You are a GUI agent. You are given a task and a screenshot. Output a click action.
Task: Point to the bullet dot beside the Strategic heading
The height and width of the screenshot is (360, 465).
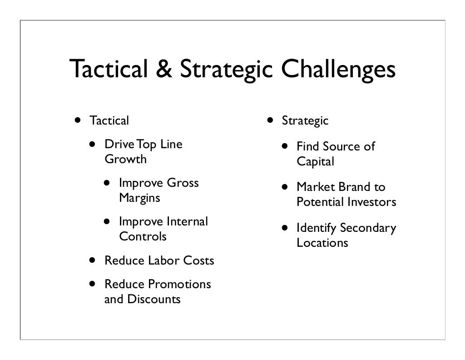[x=270, y=121]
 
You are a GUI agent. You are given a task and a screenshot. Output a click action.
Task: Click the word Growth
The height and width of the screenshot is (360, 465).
[x=126, y=160]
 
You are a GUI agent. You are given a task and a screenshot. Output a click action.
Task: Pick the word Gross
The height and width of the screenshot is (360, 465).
[x=183, y=183]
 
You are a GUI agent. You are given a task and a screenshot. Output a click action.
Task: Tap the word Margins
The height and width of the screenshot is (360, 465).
[x=139, y=198]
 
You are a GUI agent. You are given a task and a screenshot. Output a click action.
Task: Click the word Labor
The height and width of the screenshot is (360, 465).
[x=164, y=261]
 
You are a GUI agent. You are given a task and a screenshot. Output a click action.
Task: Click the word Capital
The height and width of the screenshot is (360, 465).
[x=315, y=162]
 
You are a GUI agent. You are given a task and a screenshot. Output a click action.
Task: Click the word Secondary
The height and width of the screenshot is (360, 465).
[x=368, y=228]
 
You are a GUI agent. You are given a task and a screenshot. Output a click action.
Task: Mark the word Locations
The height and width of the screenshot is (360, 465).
[x=322, y=243]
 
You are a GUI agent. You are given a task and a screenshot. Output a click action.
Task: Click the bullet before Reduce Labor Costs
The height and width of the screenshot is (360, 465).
[x=93, y=261]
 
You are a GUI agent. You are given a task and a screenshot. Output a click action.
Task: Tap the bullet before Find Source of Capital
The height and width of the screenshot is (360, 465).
[x=284, y=147]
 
